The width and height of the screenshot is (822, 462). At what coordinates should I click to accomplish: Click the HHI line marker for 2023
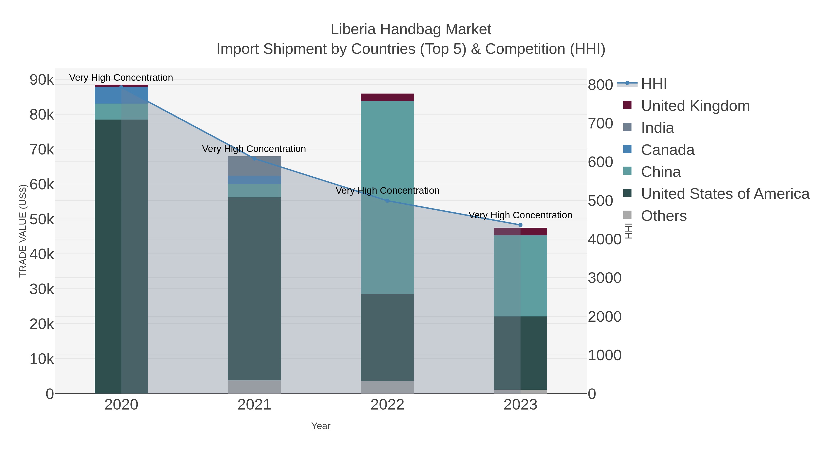(520, 225)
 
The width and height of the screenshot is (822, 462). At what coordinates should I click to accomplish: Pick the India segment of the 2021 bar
(254, 166)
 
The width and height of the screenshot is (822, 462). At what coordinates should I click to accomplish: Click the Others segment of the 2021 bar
(254, 386)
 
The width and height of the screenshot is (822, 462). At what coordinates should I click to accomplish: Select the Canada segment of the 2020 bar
(121, 95)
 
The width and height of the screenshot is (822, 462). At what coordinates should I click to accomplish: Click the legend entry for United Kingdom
(695, 106)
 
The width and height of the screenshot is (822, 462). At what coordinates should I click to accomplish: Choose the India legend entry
(657, 128)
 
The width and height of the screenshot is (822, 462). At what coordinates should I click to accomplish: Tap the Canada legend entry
(668, 150)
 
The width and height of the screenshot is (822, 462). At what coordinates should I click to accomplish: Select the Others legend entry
(664, 216)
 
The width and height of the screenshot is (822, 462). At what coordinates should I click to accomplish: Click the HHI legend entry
(653, 84)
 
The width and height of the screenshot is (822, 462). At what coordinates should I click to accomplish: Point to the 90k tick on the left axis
(42, 80)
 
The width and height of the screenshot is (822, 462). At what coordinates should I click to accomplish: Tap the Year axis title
(321, 426)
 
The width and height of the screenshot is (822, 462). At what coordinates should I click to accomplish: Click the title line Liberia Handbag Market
(411, 29)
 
